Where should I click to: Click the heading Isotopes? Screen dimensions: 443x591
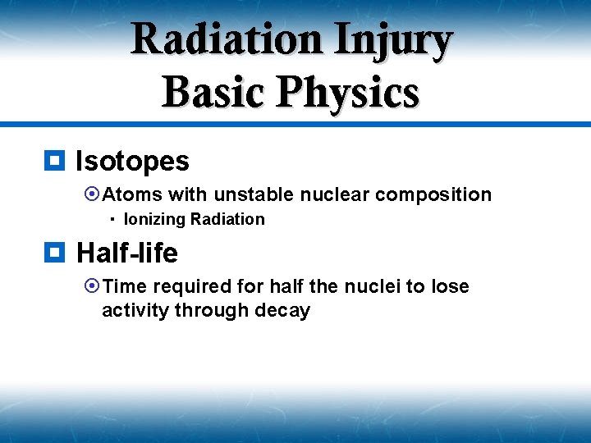[x=132, y=162]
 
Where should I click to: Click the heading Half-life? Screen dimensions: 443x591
[x=127, y=253]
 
